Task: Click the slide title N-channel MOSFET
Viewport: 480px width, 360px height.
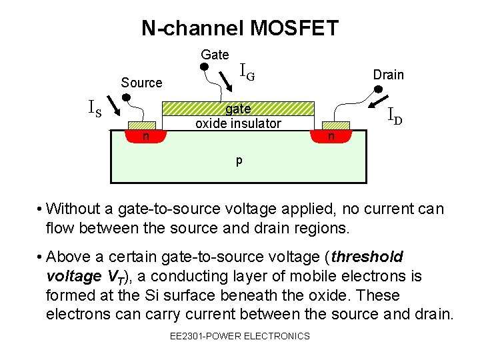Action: pos(240,28)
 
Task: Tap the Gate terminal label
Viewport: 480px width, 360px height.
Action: pos(215,55)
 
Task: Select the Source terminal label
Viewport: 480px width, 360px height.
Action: pos(141,83)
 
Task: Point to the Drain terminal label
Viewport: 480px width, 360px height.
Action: pos(388,75)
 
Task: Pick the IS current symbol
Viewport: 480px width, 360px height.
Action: pos(95,107)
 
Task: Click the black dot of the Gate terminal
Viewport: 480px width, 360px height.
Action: pos(205,67)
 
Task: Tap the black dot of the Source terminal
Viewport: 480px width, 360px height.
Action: pos(126,97)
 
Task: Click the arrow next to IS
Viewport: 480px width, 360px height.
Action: pos(112,107)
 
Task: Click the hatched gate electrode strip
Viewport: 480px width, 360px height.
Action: pos(238,109)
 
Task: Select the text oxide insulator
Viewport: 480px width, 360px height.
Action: pos(238,123)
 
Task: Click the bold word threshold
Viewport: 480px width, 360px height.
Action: pos(367,257)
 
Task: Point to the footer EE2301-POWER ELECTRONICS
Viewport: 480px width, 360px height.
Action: pos(240,336)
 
